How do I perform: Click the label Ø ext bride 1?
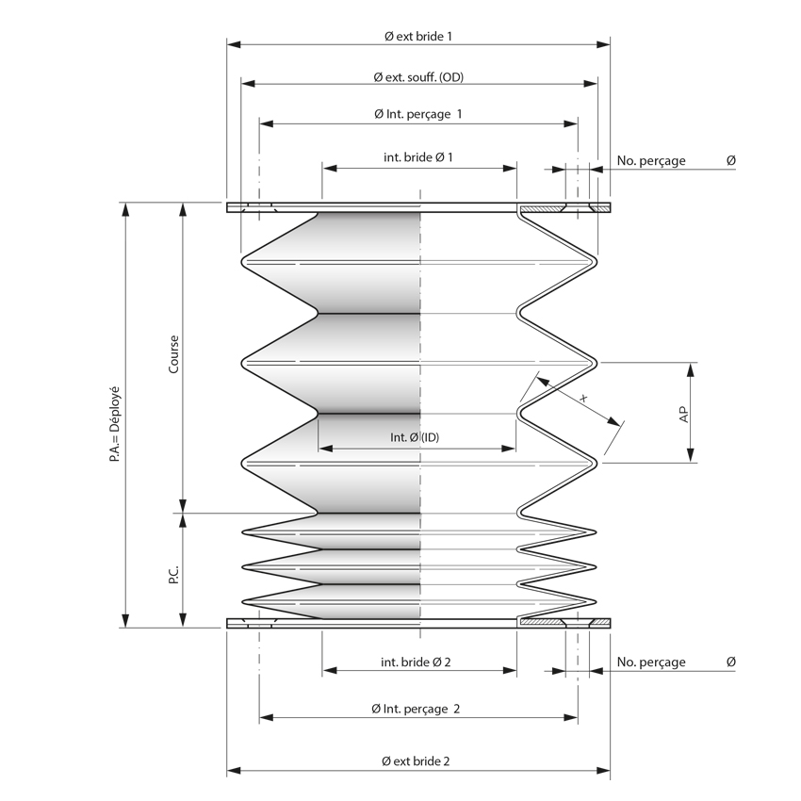point(418,36)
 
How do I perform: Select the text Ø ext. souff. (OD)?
point(418,76)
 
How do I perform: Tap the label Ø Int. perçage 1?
point(418,114)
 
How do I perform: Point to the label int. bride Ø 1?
point(418,157)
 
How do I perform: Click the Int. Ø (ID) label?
point(416,438)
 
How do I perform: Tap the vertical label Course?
point(173,354)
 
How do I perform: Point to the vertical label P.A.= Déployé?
point(115,416)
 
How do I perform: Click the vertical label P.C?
point(173,575)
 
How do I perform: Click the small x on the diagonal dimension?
point(583,399)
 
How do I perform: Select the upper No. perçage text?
point(651,161)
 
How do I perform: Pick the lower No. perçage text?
point(651,662)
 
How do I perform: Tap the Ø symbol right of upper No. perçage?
point(731,161)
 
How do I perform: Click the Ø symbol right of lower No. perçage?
point(731,662)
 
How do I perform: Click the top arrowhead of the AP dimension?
point(691,368)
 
